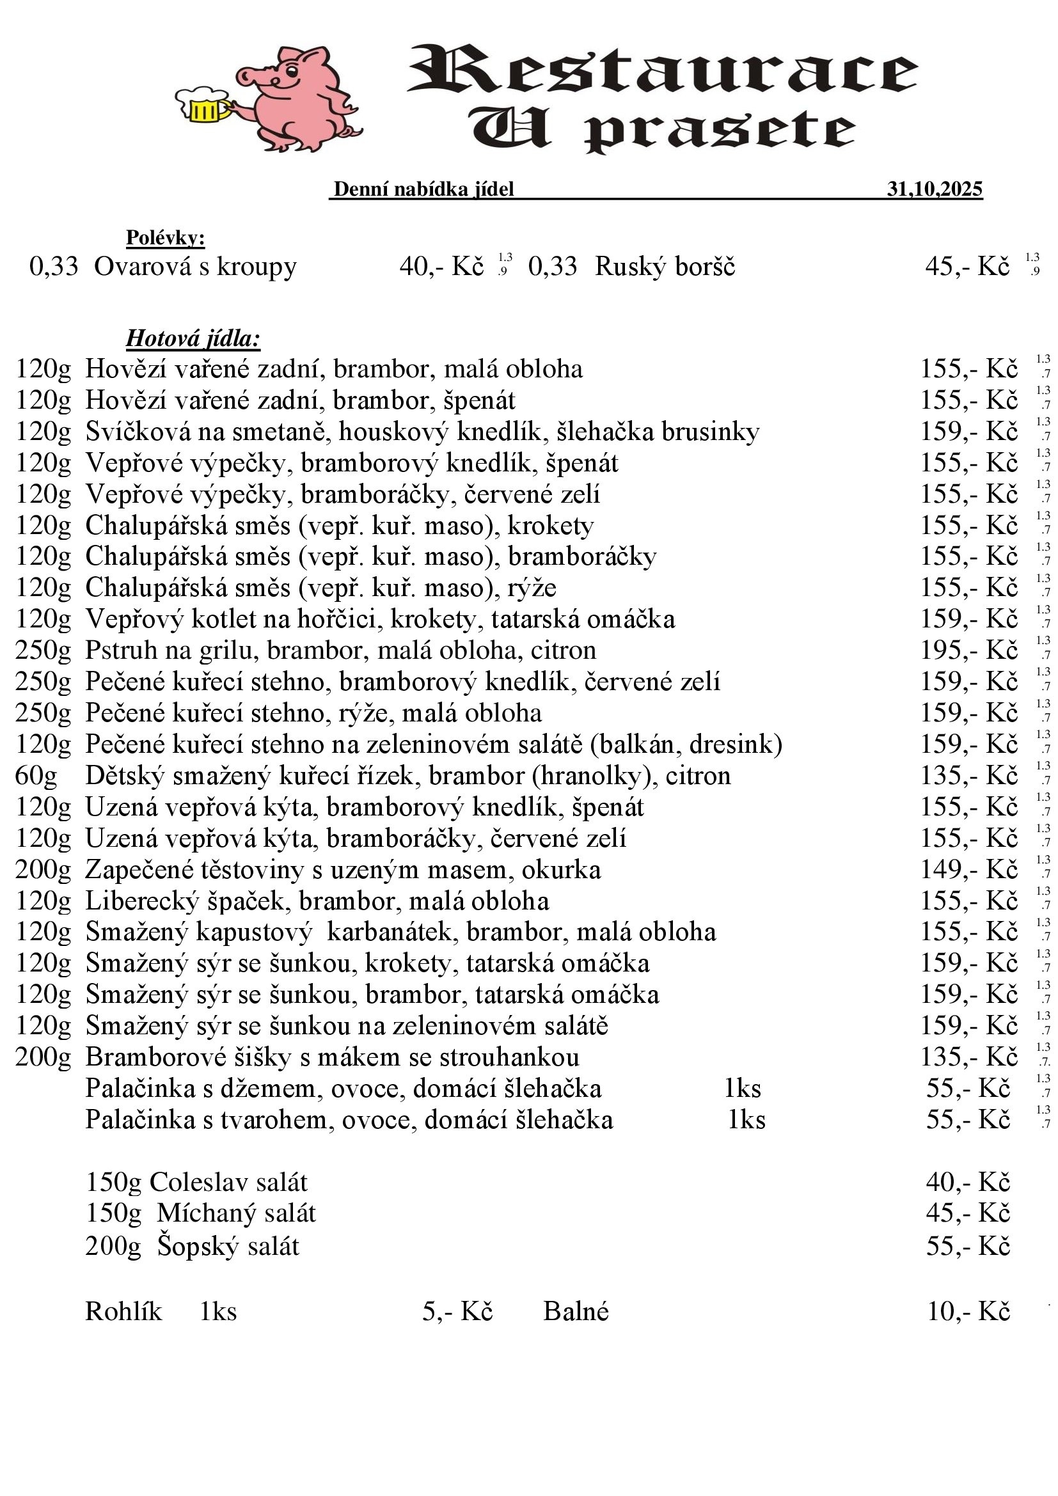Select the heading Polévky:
(166, 238)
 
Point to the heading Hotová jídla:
(193, 339)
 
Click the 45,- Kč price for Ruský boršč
(967, 267)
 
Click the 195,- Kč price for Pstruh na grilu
(968, 650)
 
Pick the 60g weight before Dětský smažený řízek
(36, 776)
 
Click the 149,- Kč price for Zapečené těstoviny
(968, 870)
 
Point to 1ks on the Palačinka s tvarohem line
(746, 1119)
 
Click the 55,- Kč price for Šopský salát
(968, 1246)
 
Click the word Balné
(576, 1312)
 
